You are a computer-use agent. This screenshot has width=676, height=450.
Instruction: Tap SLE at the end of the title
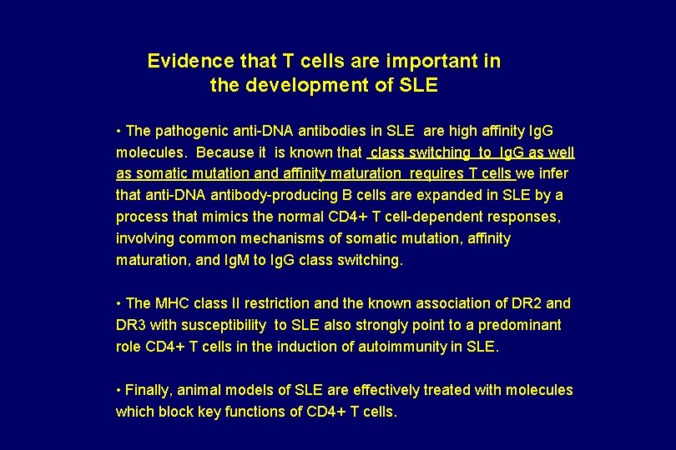point(418,85)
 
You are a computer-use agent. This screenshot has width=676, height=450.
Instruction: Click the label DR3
point(131,325)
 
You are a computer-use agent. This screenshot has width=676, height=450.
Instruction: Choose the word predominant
point(521,325)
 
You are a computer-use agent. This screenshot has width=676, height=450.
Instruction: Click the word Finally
point(149,390)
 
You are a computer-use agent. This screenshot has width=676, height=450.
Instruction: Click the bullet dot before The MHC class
point(119,303)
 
